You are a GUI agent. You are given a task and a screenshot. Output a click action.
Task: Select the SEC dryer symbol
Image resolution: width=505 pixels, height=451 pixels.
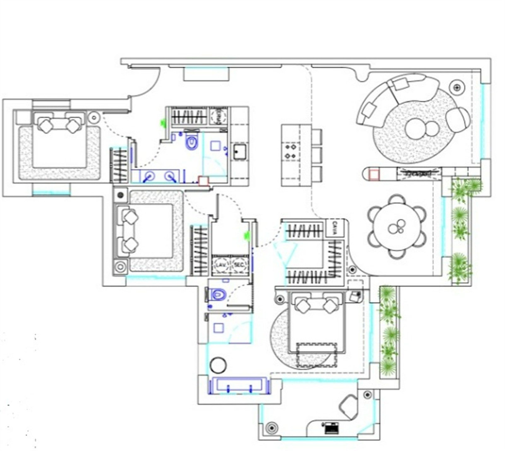[239, 265]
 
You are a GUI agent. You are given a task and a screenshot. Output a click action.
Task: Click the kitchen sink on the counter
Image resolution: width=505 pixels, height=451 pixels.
[240, 152]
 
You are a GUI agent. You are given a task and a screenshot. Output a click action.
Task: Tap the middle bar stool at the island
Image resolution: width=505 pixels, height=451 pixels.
[316, 154]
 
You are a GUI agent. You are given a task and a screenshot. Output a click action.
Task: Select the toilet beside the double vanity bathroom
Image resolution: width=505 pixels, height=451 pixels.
[192, 142]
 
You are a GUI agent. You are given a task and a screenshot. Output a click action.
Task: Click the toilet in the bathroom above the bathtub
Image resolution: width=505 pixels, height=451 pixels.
[218, 294]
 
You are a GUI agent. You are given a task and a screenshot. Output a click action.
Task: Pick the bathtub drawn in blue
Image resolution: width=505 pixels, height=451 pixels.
[239, 386]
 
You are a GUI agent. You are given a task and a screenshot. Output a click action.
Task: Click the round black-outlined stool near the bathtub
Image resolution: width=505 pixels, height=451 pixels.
[218, 365]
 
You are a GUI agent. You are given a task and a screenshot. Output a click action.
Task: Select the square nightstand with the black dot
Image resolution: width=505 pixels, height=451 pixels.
[121, 194]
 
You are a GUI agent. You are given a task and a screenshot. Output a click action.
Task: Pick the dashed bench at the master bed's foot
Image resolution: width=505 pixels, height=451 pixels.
[316, 355]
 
